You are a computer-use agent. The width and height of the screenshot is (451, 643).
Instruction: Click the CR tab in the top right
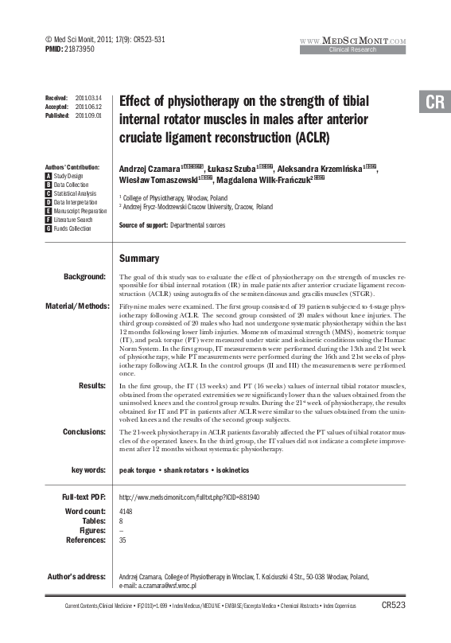(x=434, y=103)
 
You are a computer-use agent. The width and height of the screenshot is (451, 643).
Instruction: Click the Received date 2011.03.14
(x=87, y=96)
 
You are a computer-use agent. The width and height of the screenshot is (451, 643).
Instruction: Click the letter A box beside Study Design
(x=49, y=176)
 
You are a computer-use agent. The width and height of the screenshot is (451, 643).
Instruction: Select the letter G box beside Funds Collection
(x=49, y=228)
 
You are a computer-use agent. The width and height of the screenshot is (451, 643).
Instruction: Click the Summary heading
(x=138, y=259)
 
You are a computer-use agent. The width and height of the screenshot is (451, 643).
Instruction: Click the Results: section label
(x=91, y=385)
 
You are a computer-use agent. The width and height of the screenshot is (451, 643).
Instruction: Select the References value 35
(x=122, y=540)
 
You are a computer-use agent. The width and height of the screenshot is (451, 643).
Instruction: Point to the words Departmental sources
(x=197, y=225)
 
